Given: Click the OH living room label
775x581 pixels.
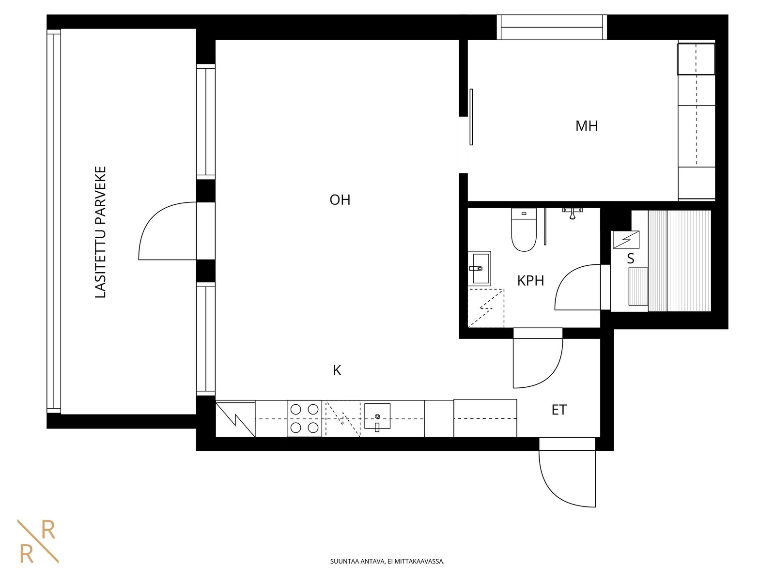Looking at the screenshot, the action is (340, 200).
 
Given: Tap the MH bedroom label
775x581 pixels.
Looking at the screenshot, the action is (587, 126).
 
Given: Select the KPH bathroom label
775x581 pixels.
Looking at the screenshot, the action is (530, 281).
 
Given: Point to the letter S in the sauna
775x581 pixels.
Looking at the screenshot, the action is (631, 259).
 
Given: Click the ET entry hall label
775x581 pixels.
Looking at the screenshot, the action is (559, 410).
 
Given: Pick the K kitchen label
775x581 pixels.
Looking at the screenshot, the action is (337, 370).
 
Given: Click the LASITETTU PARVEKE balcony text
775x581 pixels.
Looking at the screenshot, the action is (101, 232).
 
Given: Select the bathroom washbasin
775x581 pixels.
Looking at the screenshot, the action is (480, 268).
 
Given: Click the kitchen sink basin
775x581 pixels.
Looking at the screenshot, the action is (377, 416).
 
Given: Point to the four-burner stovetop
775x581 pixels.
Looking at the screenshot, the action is (304, 419).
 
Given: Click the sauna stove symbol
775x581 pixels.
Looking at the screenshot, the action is (626, 240).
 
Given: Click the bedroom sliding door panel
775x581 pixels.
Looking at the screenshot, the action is (471, 117).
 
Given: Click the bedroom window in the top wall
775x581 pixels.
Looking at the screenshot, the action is (552, 27).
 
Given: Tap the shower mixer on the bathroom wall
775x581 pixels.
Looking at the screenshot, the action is (572, 213).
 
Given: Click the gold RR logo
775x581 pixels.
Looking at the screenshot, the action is (38, 542).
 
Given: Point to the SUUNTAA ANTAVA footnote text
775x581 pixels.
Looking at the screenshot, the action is (387, 561).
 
